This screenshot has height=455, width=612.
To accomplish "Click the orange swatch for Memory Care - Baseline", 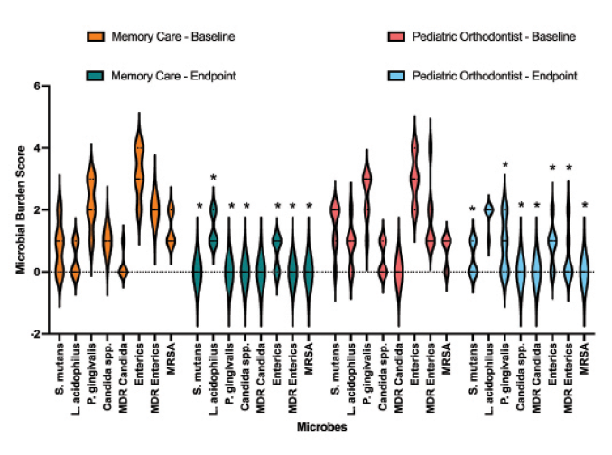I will click(x=96, y=36).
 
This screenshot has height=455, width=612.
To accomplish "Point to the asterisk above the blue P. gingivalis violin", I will click(x=505, y=165).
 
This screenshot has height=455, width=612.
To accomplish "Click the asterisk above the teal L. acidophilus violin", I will click(x=214, y=178).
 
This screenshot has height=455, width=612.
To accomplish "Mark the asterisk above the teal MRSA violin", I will click(x=309, y=207).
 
